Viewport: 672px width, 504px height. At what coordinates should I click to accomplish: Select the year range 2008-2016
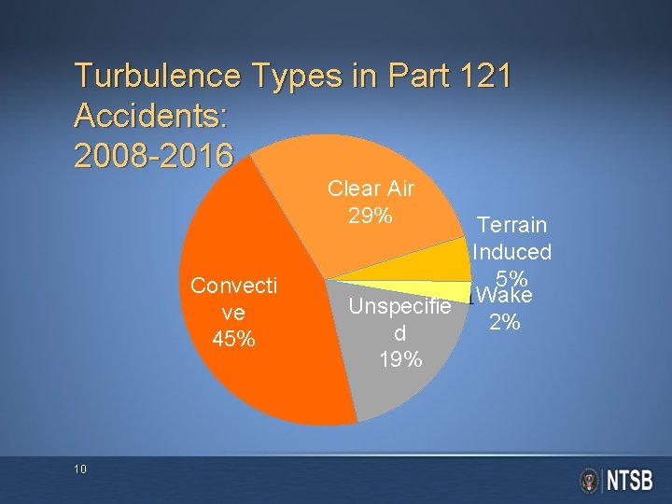(x=152, y=156)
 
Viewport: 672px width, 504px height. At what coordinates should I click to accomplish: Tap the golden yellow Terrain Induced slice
(x=446, y=261)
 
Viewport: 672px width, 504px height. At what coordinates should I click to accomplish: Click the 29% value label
(x=370, y=217)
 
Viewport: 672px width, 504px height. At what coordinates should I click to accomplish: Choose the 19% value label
(x=400, y=359)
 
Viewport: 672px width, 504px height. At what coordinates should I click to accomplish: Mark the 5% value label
(x=512, y=278)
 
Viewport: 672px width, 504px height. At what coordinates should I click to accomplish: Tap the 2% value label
(x=505, y=323)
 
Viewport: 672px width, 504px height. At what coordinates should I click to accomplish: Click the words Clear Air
(x=371, y=189)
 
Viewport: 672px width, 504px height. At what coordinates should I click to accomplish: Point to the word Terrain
(x=511, y=225)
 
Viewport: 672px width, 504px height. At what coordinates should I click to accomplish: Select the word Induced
(x=511, y=252)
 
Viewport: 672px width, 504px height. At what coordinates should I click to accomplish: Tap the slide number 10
(x=79, y=469)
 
